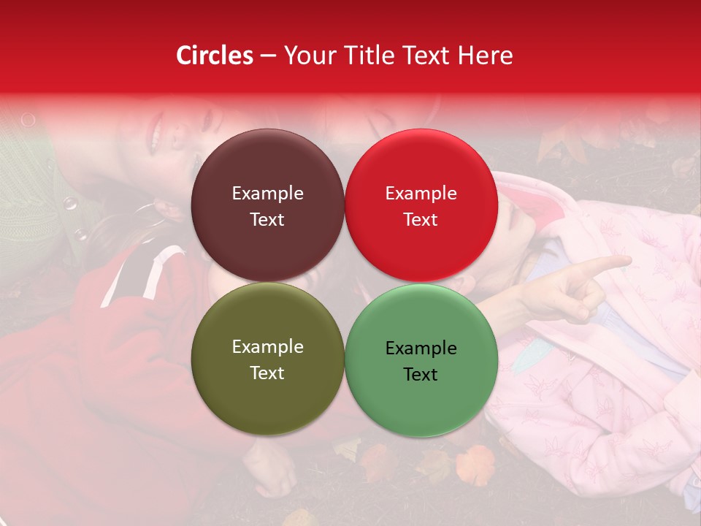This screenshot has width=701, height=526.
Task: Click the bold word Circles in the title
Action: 215,56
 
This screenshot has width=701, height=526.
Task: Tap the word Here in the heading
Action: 486,56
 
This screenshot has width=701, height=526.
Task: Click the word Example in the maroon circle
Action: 267,194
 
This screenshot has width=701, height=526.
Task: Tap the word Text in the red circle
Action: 421,220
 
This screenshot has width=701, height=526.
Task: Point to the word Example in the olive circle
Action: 267,347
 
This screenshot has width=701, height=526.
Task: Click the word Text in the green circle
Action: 421,375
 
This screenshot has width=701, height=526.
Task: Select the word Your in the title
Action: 307,56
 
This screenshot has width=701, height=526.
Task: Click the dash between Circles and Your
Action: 268,56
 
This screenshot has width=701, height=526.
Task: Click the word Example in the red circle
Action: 421,194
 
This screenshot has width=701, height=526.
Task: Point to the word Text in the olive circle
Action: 267,373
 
